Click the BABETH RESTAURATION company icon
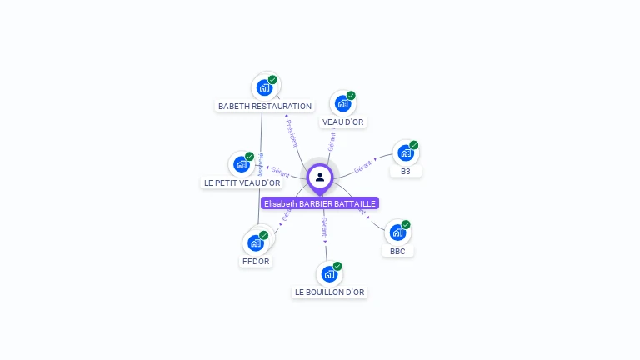tap(264, 87)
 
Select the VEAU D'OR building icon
tap(342, 103)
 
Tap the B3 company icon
tap(405, 152)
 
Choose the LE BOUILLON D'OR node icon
tap(329, 274)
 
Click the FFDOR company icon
tap(256, 243)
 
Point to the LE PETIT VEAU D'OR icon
tap(242, 164)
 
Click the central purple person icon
tap(320, 177)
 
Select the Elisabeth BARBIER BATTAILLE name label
tap(320, 203)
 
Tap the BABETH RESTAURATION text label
tap(265, 107)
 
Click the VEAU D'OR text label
tap(343, 122)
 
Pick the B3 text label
tap(405, 172)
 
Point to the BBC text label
tap(397, 251)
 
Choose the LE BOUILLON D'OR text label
tap(329, 292)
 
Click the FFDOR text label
tap(256, 262)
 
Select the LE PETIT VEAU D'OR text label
tap(242, 183)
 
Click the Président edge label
tap(292, 132)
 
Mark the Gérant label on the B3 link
tap(363, 166)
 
